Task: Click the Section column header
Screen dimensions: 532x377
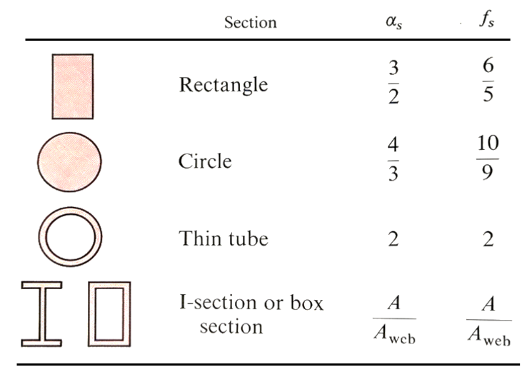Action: point(251,22)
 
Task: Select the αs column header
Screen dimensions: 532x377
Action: point(394,22)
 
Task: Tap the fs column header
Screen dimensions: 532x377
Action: point(487,19)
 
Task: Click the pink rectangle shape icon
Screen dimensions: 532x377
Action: point(73,86)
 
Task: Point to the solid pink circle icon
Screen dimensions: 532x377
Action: point(69,162)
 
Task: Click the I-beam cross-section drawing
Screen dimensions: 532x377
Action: point(41,314)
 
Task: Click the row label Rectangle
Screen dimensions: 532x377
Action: point(224,86)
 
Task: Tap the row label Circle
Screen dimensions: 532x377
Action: point(205,161)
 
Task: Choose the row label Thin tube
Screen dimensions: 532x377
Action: point(224,238)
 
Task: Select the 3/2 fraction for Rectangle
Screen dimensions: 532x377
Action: point(393,82)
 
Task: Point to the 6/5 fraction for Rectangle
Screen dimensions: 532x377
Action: point(488,80)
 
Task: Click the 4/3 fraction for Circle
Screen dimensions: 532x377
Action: point(393,159)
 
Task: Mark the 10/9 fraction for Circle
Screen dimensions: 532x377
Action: point(488,158)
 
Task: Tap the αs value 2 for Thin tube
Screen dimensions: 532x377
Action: point(393,239)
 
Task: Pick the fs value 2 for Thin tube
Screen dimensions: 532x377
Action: point(488,239)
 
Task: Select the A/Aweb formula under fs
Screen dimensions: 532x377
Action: point(489,321)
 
